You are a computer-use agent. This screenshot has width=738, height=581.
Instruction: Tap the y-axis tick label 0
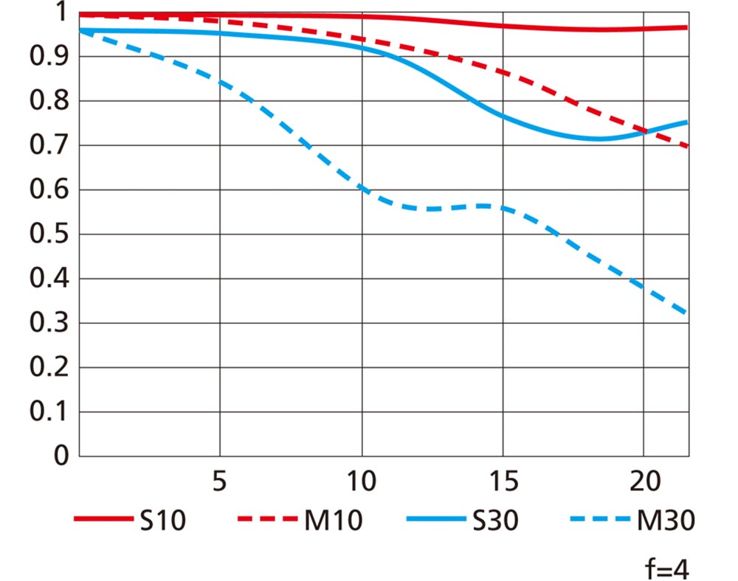(x=61, y=456)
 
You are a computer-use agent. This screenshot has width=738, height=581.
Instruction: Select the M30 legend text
(x=665, y=521)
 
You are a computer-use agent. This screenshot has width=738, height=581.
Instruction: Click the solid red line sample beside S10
(x=103, y=521)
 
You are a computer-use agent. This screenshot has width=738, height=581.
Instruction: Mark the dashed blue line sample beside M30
(x=599, y=521)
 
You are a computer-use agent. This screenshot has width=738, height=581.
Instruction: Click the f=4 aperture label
(x=668, y=568)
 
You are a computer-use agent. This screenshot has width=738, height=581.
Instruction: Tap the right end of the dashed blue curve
(x=687, y=313)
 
